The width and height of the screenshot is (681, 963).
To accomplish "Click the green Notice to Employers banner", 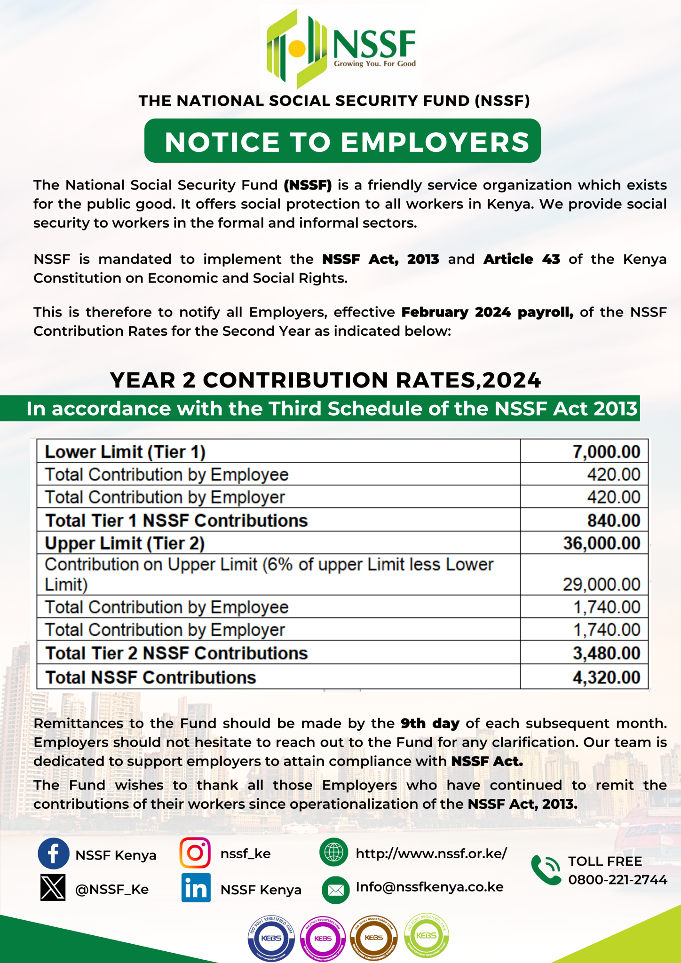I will (x=342, y=141).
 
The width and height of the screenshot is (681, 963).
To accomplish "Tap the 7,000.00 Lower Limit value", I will (x=606, y=452).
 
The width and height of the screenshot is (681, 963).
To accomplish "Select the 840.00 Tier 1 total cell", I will (x=613, y=521).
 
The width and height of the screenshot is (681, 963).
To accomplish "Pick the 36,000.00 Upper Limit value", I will (x=602, y=543).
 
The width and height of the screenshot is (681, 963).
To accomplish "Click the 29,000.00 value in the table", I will (x=602, y=584).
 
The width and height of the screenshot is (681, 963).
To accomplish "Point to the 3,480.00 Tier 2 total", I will (x=606, y=653).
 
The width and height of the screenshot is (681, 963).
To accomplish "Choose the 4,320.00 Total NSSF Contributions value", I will (x=606, y=677).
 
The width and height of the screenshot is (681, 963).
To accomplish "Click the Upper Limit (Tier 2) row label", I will (x=125, y=543).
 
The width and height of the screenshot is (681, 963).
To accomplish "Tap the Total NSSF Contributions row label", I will (x=150, y=677).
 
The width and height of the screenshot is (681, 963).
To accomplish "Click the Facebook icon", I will (x=54, y=853).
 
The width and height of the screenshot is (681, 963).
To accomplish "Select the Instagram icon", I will (x=195, y=853).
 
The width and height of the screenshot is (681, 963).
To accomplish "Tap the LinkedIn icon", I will (x=196, y=888).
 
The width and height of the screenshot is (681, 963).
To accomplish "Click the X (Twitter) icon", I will (x=53, y=888).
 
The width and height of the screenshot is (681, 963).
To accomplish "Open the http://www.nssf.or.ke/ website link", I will (x=431, y=853).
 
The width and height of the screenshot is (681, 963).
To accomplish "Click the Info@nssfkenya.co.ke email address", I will (x=429, y=887).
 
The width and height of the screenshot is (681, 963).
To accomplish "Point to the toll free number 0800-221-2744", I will (x=618, y=880).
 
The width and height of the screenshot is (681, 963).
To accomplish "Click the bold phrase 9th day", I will (x=430, y=723).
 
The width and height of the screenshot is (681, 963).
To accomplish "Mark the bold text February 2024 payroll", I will (x=487, y=312).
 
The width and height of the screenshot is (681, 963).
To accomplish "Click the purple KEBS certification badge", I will (x=323, y=938).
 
